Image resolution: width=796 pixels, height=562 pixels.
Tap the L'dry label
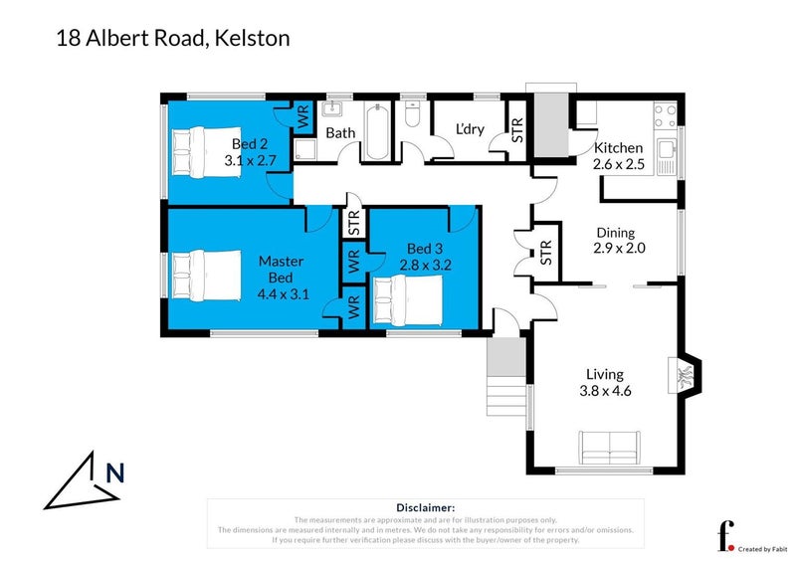[471, 130]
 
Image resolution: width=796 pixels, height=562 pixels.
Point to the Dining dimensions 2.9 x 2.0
[619, 249]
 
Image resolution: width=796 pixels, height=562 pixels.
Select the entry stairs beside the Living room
[503, 378]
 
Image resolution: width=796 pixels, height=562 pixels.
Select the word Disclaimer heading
[426, 507]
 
